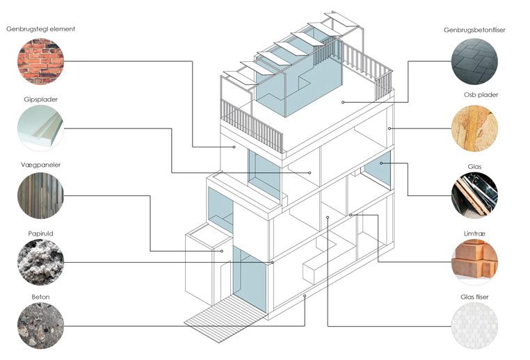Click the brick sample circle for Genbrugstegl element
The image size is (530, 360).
pos(40,61)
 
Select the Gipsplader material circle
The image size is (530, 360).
pos(40,128)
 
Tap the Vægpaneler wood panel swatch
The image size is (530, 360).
pos(40,195)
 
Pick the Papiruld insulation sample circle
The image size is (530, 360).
pos(40,262)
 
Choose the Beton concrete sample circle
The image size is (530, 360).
pos(40,326)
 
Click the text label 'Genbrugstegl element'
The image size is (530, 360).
pos(40,29)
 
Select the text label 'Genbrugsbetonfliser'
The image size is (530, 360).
pos(475,30)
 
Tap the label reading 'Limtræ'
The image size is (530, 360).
pos(475,230)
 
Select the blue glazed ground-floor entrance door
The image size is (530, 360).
pos(249,278)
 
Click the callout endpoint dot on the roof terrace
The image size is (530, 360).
pos(344,102)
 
